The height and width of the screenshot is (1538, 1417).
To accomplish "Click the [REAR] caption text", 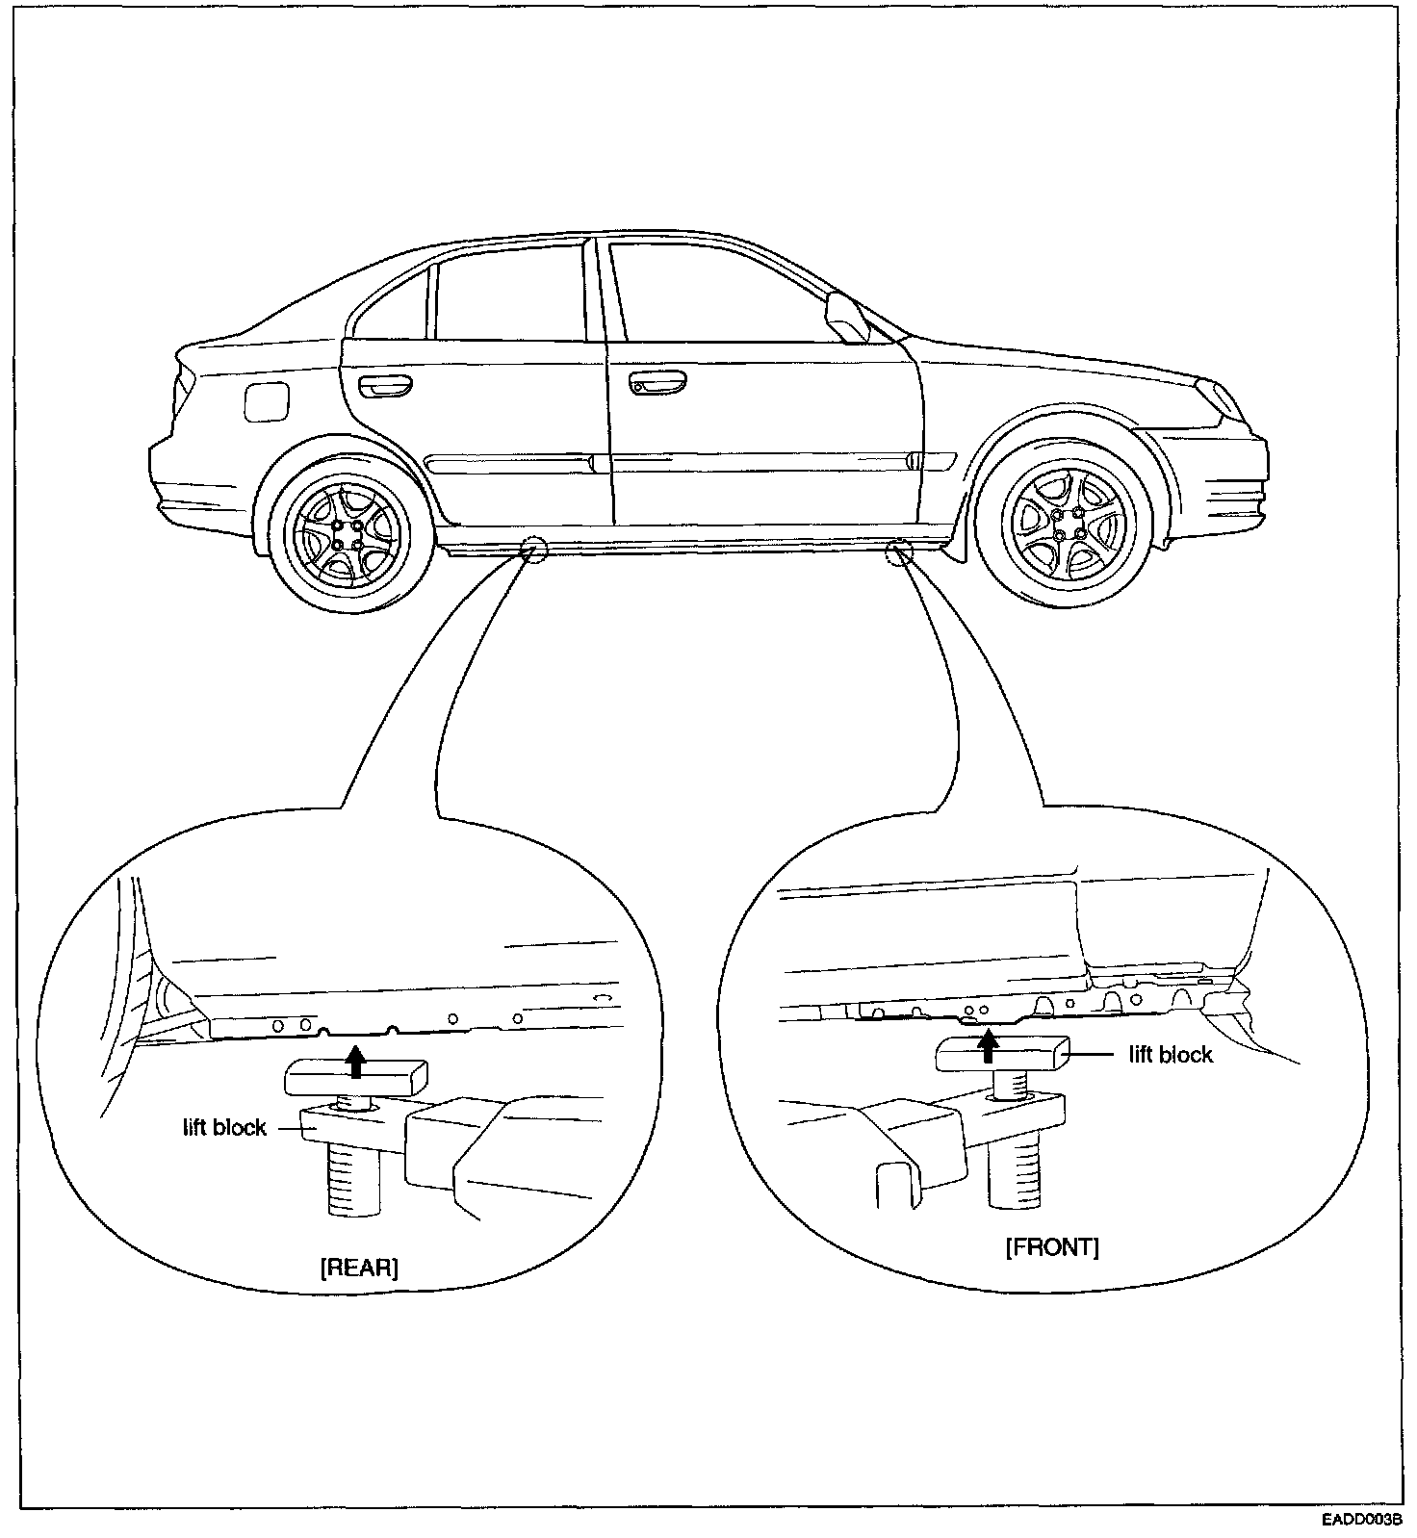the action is tap(358, 1267).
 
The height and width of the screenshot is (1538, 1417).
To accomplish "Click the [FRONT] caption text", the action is tap(1051, 1247).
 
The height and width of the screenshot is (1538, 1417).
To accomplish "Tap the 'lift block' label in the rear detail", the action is tap(224, 1127).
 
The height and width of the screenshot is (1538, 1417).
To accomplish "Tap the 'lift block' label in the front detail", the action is tap(1171, 1055).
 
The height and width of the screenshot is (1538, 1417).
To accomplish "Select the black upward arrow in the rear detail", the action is tap(356, 1062).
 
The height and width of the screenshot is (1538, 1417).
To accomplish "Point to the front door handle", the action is tap(660, 385).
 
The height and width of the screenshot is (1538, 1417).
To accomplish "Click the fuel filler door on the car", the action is tap(267, 400).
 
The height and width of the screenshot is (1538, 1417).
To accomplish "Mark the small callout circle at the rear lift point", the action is tap(532, 550).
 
